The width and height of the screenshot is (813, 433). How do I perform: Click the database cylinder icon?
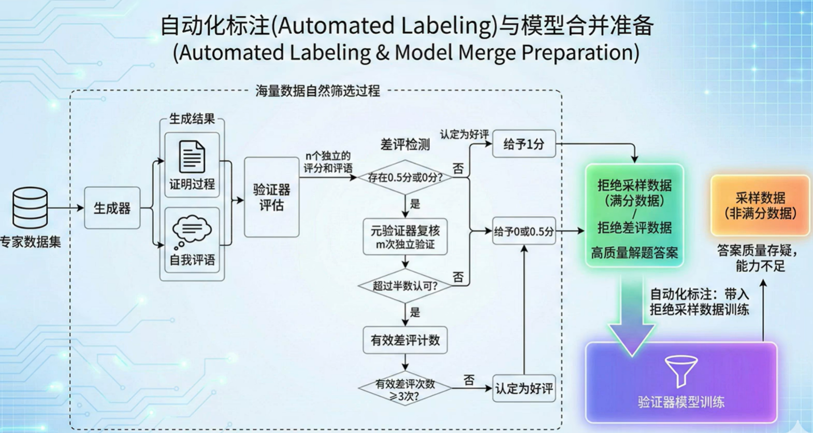tap(30, 207)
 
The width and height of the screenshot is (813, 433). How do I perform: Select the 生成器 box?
tap(112, 208)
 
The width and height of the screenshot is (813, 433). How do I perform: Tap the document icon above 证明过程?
tap(192, 157)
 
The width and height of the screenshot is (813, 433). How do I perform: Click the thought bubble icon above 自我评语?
tap(192, 229)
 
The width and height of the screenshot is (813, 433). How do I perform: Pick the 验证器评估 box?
tap(271, 197)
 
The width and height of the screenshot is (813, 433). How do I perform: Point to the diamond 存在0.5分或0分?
tap(405, 177)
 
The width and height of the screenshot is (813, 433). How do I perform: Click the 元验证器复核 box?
tap(405, 237)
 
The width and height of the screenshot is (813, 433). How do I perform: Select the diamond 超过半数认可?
tap(405, 286)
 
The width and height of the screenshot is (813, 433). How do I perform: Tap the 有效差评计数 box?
tap(405, 340)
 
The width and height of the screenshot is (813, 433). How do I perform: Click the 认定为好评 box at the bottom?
tap(524, 388)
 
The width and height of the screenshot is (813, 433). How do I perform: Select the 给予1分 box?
tap(524, 144)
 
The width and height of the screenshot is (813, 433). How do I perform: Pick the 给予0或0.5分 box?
tap(524, 231)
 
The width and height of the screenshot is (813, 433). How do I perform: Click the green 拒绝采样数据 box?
tap(634, 216)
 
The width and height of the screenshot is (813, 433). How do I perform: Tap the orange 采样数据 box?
tap(760, 205)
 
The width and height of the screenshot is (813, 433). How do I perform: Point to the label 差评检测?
tap(405, 145)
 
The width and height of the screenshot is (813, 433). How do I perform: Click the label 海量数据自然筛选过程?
tap(317, 91)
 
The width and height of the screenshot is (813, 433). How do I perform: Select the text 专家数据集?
tap(30, 242)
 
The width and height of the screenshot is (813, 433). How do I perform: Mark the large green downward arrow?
tap(632, 322)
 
